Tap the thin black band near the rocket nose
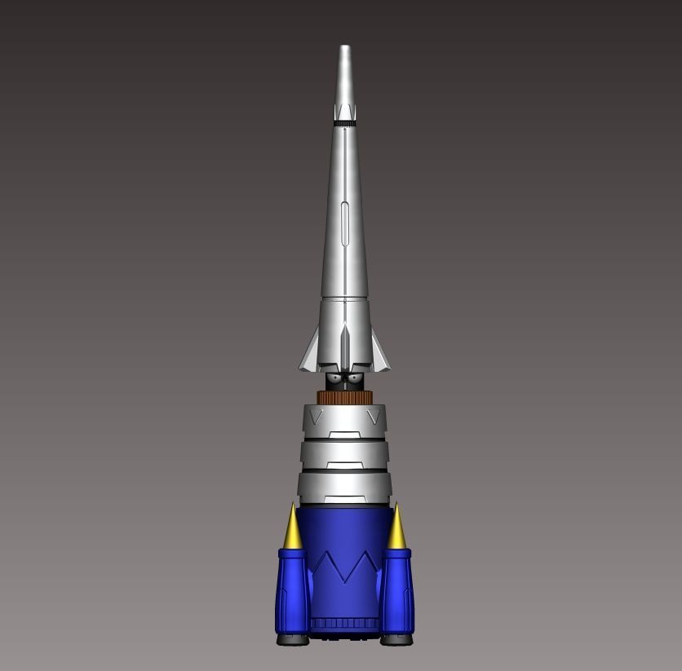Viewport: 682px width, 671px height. point(345,122)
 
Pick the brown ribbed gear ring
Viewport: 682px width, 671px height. point(344,397)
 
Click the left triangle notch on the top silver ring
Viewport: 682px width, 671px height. point(316,417)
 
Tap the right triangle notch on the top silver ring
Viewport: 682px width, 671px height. point(374,417)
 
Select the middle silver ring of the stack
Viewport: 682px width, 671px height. point(344,455)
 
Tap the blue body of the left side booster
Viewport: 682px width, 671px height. point(292,591)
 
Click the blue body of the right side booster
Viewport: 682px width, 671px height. point(397,591)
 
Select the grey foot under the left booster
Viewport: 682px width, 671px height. point(292,640)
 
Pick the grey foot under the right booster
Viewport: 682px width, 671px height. point(396,640)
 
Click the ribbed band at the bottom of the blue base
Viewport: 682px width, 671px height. point(344,624)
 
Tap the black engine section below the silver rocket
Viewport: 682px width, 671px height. point(344,380)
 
